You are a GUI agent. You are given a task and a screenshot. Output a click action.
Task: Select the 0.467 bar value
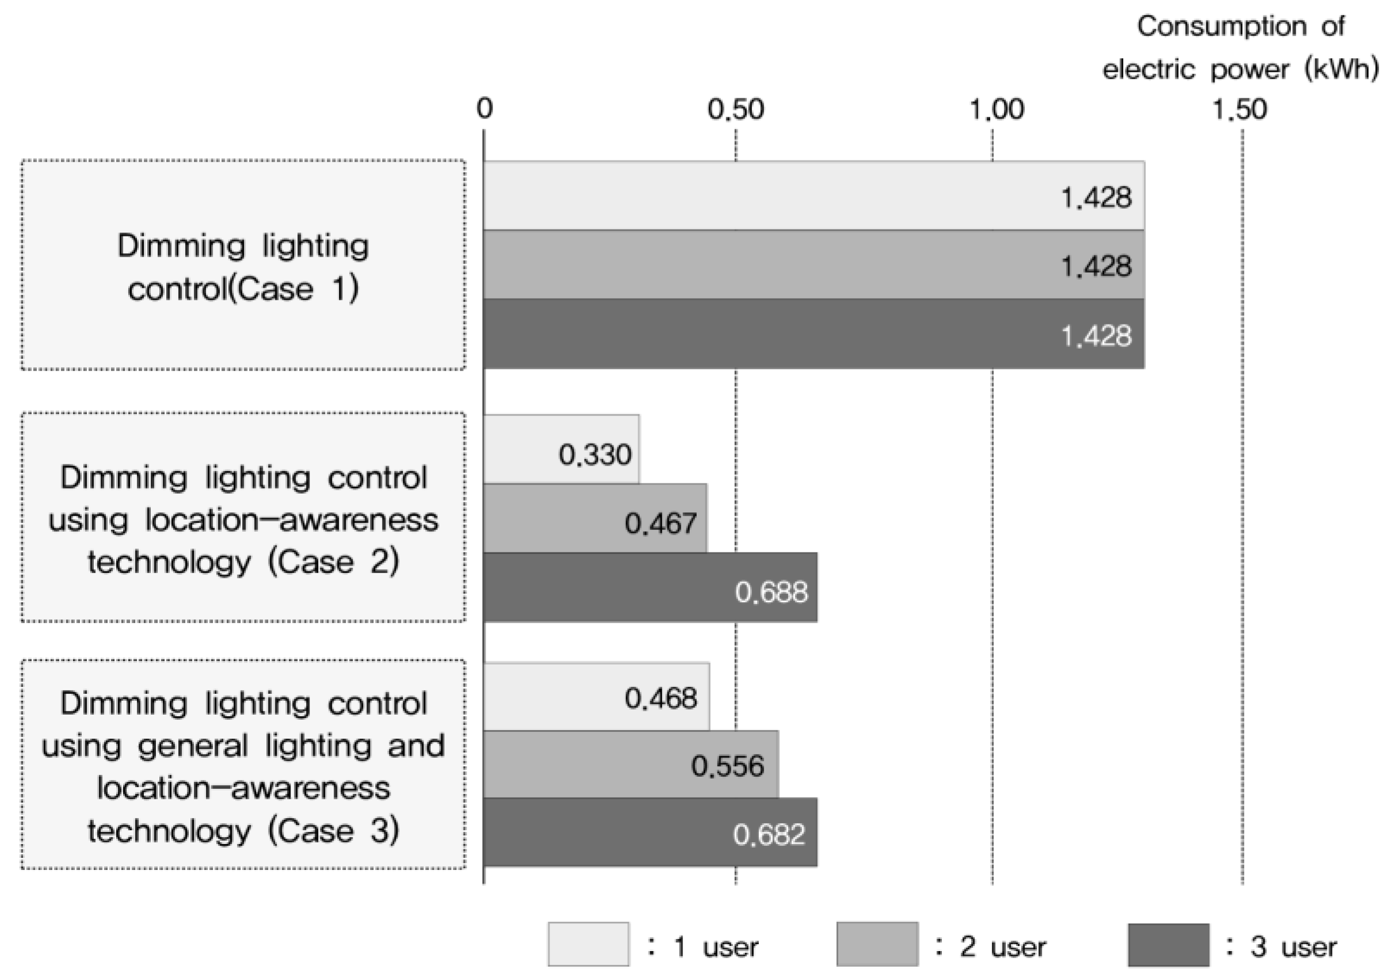click(660, 524)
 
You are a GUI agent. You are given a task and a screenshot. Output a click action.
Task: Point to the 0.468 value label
click(660, 699)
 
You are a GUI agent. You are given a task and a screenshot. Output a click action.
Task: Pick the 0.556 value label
click(727, 766)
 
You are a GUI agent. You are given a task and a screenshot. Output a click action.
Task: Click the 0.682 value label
click(769, 835)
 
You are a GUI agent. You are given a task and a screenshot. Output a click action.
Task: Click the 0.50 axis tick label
click(735, 110)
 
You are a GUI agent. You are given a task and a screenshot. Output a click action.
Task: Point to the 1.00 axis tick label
click(996, 110)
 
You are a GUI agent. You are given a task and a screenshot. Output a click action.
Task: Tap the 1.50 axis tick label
click(1239, 110)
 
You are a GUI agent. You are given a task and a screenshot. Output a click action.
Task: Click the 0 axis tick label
click(484, 110)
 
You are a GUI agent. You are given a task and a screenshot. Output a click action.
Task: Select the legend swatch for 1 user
click(588, 944)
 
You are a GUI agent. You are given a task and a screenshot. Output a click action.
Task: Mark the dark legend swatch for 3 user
click(1168, 944)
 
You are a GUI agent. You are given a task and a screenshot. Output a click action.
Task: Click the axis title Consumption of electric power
click(1240, 48)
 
